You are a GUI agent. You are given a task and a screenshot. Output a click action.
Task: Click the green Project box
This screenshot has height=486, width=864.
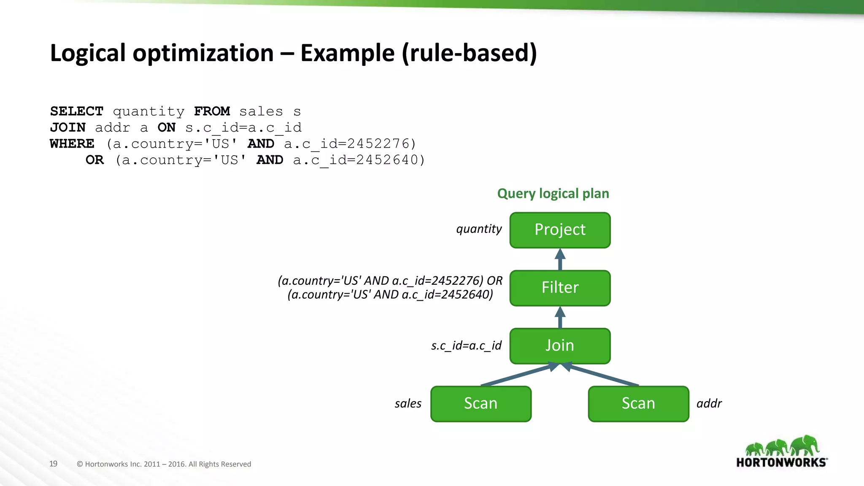click(x=560, y=230)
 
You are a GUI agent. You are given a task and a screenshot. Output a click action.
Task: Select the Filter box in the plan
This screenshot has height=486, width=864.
click(x=560, y=288)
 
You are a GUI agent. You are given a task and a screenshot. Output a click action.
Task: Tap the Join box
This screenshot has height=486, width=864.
click(x=560, y=346)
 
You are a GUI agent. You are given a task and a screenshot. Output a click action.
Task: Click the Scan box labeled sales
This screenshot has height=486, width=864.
click(x=481, y=403)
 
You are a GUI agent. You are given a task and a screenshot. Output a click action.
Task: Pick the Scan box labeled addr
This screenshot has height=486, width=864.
click(x=638, y=403)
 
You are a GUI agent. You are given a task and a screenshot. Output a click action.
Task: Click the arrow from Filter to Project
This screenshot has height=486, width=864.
click(x=560, y=259)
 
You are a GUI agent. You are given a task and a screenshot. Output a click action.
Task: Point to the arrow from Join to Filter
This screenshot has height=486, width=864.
click(x=560, y=317)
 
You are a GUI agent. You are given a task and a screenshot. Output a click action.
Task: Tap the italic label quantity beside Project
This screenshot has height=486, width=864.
click(x=479, y=229)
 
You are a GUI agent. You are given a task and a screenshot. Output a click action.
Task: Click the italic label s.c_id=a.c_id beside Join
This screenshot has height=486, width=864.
click(x=466, y=346)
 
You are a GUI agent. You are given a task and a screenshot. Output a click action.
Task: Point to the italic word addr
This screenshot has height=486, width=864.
click(x=709, y=403)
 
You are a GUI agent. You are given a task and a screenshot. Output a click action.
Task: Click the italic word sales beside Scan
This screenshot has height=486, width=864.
click(x=408, y=403)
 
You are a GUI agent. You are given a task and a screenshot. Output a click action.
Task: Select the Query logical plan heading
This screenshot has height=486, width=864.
click(x=553, y=194)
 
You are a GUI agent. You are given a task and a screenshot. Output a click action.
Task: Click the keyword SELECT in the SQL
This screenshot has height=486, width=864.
click(x=76, y=111)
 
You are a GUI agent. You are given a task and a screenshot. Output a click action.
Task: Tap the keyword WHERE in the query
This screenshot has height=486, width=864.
click(x=72, y=144)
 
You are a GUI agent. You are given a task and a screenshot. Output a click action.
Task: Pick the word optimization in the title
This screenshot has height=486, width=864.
click(x=203, y=53)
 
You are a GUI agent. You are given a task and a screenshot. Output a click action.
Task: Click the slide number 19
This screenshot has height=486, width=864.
click(x=53, y=464)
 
